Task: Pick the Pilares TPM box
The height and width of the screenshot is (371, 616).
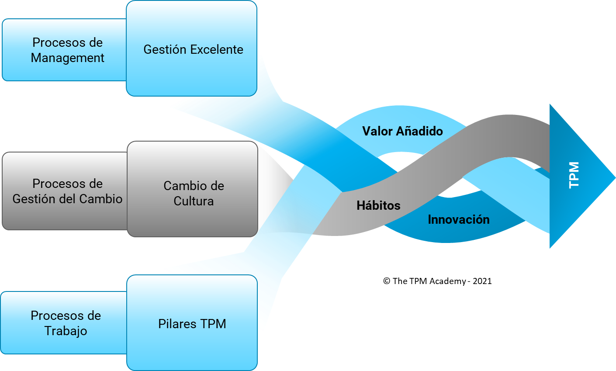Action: [x=192, y=323]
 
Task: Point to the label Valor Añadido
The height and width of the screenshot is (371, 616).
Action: [x=402, y=131]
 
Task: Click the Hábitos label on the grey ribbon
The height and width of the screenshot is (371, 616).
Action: [x=378, y=205]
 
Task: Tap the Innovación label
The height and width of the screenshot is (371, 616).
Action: [x=458, y=219]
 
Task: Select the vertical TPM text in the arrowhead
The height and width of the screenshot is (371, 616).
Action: [x=574, y=175]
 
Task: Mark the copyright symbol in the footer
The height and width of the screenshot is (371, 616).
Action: [x=387, y=281]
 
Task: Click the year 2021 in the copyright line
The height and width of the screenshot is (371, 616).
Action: [x=482, y=281]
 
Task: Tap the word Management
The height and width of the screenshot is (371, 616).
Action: [x=68, y=58]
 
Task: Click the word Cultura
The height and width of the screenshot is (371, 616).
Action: [x=194, y=201]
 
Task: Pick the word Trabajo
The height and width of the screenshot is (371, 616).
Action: [x=66, y=331]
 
